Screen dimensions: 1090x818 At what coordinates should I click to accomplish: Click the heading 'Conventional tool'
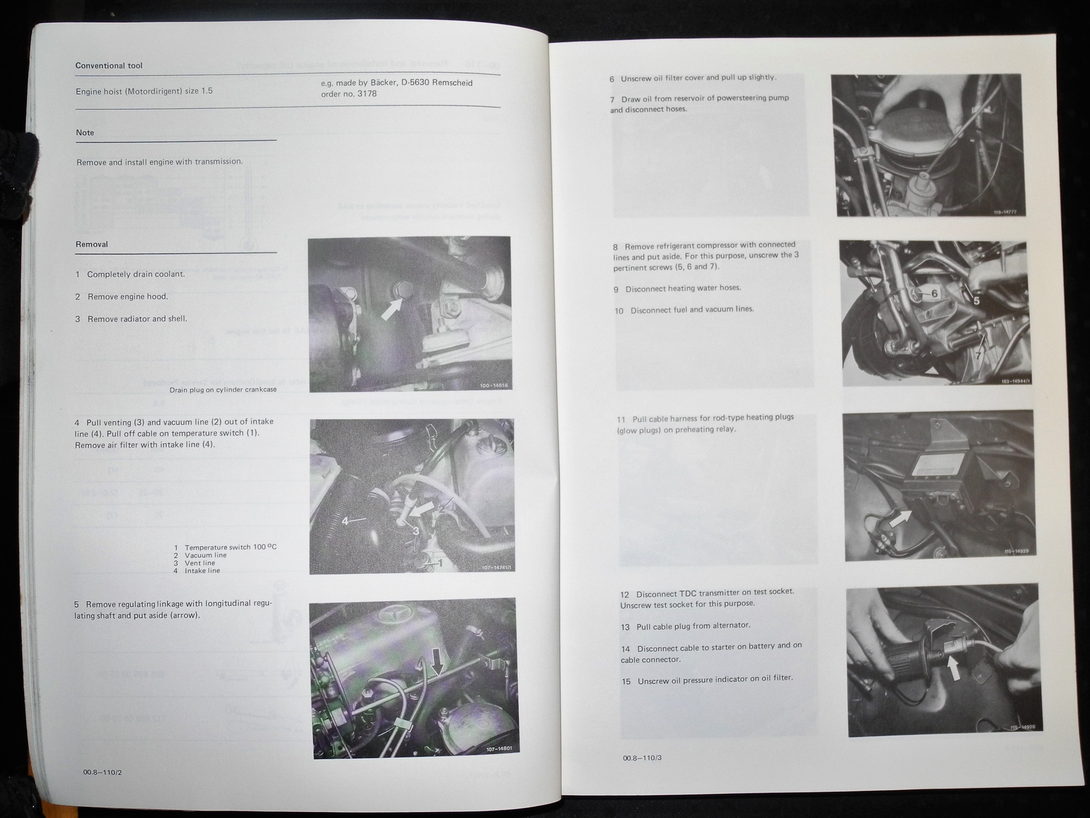[109, 66]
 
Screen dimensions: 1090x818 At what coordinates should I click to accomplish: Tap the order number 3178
[366, 94]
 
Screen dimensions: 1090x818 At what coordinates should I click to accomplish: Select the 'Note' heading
[85, 133]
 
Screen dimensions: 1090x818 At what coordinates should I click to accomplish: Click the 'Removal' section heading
[92, 244]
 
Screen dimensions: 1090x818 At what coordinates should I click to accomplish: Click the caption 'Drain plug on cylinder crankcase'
[223, 390]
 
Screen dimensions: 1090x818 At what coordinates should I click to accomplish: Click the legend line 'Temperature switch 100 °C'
[225, 547]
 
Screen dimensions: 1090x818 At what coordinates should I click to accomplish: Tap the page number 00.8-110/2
[103, 772]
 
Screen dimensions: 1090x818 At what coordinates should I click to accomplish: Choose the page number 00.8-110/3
[642, 757]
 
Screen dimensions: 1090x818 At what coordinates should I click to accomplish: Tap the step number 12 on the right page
[624, 595]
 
